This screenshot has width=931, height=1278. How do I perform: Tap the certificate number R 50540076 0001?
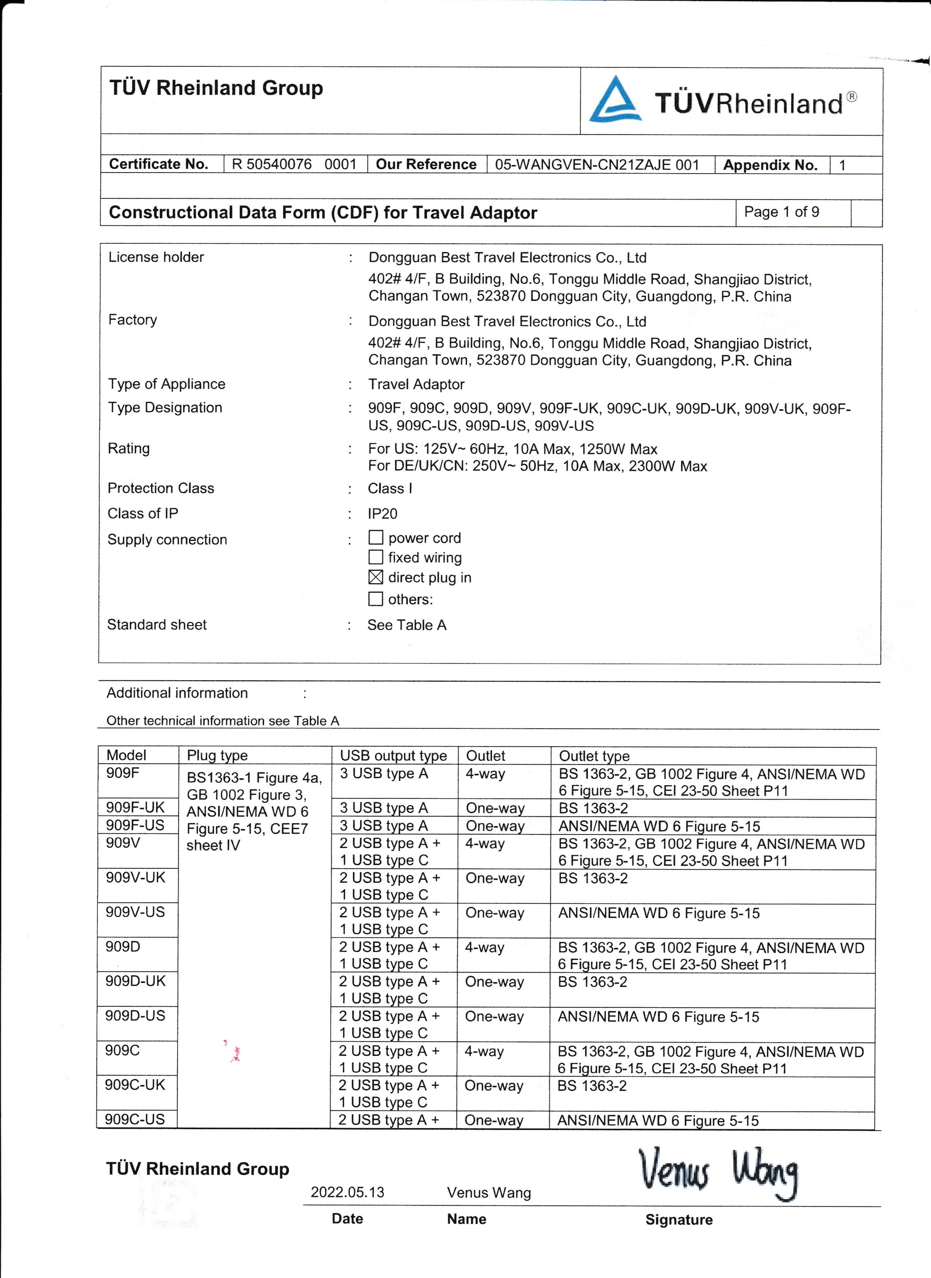pyautogui.click(x=294, y=164)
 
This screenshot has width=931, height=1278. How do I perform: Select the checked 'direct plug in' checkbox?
pyautogui.click(x=376, y=577)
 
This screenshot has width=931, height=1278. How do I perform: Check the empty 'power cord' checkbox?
pyautogui.click(x=376, y=538)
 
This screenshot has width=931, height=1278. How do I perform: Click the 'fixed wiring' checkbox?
pyautogui.click(x=376, y=557)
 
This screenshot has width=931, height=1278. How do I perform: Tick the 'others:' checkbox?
pyautogui.click(x=376, y=599)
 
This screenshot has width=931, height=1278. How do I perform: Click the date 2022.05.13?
pyautogui.click(x=347, y=1192)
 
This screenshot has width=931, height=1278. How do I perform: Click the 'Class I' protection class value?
pyautogui.click(x=390, y=488)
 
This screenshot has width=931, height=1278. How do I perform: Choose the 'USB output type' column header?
pyautogui.click(x=393, y=756)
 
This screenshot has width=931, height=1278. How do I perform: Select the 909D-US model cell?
pyautogui.click(x=135, y=1015)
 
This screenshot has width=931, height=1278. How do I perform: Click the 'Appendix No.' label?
pyautogui.click(x=770, y=165)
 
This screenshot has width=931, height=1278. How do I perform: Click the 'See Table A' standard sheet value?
pyautogui.click(x=407, y=625)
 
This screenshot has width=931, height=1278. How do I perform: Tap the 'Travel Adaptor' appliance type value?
pyautogui.click(x=416, y=384)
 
